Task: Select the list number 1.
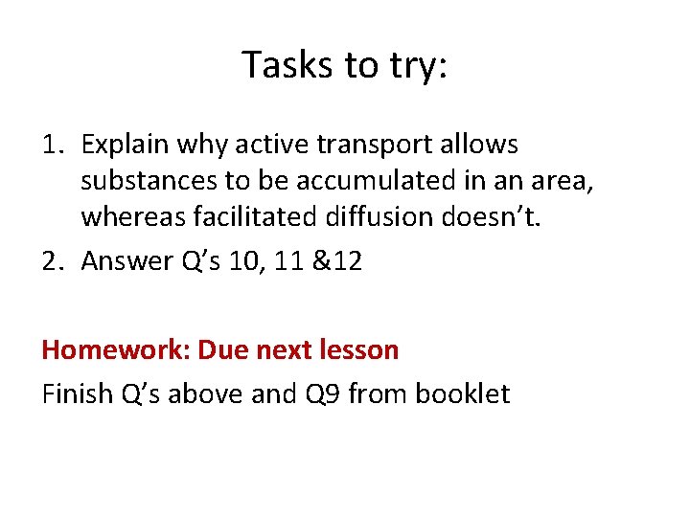click(x=52, y=146)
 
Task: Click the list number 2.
click(x=52, y=260)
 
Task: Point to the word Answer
click(x=122, y=260)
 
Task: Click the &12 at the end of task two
click(x=337, y=260)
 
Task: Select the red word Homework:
click(x=115, y=350)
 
